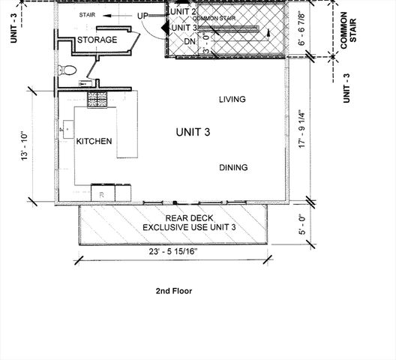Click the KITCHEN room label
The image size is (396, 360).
(x=94, y=141)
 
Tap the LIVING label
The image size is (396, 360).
(x=232, y=100)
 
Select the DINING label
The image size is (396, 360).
(x=233, y=168)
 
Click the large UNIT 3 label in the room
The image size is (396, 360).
(x=193, y=132)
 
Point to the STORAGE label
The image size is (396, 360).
(x=97, y=40)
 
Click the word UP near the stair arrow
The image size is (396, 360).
(x=143, y=16)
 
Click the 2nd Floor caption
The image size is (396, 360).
(x=173, y=291)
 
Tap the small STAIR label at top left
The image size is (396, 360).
(x=88, y=15)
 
